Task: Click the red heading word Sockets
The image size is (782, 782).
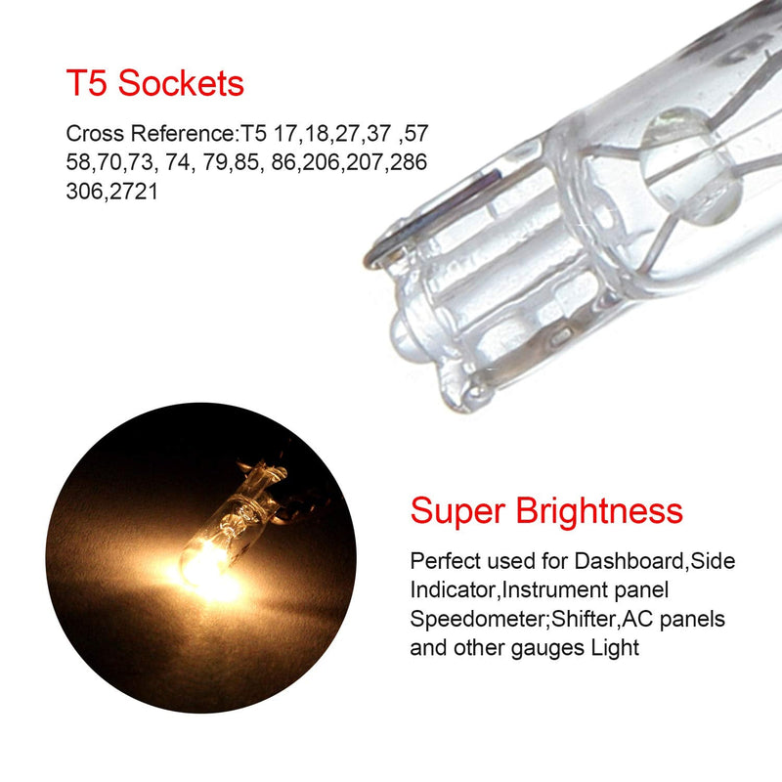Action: tap(181, 83)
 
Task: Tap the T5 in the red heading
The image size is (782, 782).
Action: tap(86, 83)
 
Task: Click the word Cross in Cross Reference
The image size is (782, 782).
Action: tap(95, 134)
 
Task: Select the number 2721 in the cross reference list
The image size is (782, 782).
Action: tap(134, 192)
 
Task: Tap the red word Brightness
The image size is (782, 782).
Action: tap(599, 510)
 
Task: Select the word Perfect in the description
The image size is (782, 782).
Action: tap(445, 561)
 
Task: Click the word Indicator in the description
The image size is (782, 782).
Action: tap(453, 590)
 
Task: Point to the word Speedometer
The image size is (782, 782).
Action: tap(479, 620)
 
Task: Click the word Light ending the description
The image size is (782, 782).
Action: tap(615, 649)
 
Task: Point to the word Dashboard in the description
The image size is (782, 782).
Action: tap(629, 561)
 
